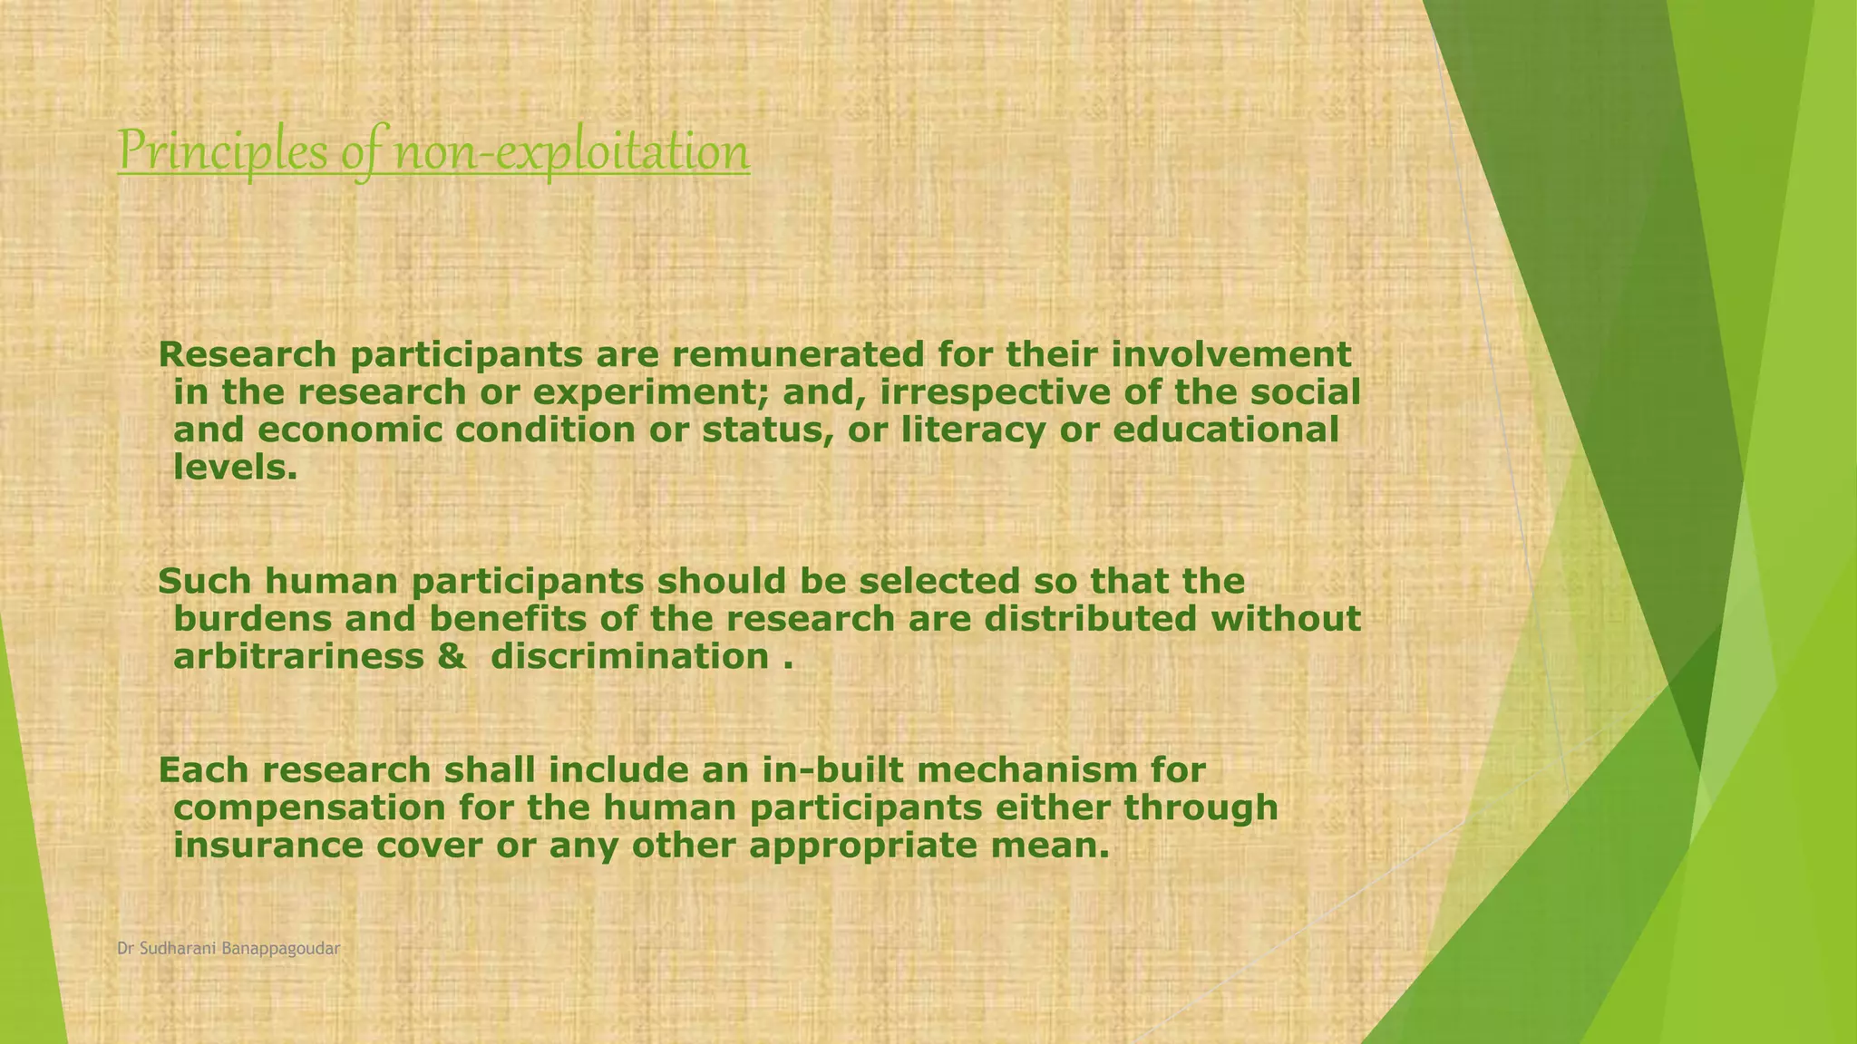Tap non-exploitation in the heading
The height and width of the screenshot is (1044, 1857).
click(x=571, y=151)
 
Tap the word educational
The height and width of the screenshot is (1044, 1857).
click(x=1225, y=430)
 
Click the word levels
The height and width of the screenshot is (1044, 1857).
click(x=235, y=468)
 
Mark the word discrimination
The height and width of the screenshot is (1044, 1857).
click(x=629, y=656)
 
